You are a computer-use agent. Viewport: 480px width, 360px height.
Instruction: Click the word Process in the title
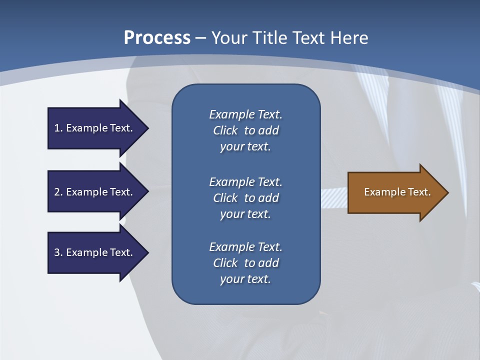coord(157,38)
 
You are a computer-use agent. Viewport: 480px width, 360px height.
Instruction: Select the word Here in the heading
coord(349,38)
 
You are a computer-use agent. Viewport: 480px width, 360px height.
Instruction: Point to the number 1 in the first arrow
coord(57,128)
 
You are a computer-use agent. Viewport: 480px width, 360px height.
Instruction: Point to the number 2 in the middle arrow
coord(57,192)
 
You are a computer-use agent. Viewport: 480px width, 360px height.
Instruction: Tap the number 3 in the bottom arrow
coord(57,252)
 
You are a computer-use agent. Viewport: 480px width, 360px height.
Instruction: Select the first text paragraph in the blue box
coord(245,130)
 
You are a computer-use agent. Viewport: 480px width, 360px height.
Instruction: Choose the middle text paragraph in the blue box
coord(245,198)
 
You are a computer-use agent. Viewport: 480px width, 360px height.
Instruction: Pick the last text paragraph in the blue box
coord(245,263)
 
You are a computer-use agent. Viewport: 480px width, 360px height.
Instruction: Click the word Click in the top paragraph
coord(225,130)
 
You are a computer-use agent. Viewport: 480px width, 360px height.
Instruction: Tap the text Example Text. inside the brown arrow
coord(397,192)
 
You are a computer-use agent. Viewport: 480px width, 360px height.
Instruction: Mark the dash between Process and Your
coord(201,38)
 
